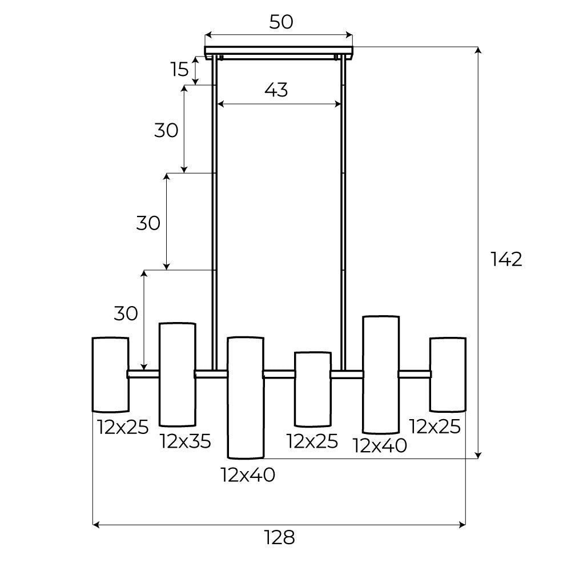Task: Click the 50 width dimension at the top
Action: [281, 22]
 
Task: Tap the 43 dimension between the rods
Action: [276, 90]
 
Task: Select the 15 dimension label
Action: [179, 69]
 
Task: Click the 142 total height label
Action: [506, 259]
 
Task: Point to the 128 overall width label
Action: [279, 537]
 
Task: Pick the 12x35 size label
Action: [186, 441]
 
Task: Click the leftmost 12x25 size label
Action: [123, 427]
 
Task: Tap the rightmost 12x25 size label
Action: [435, 427]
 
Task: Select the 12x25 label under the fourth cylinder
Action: [312, 441]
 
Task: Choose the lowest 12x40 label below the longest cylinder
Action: [248, 475]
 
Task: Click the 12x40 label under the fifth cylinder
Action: [380, 445]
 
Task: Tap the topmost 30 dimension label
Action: [166, 130]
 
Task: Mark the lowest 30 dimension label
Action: [126, 313]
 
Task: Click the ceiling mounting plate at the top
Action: [279, 51]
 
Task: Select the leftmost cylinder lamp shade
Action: [110, 374]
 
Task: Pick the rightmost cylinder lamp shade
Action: [448, 374]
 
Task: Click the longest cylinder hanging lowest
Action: [246, 397]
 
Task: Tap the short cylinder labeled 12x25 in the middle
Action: [312, 389]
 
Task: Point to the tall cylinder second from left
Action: [178, 374]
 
